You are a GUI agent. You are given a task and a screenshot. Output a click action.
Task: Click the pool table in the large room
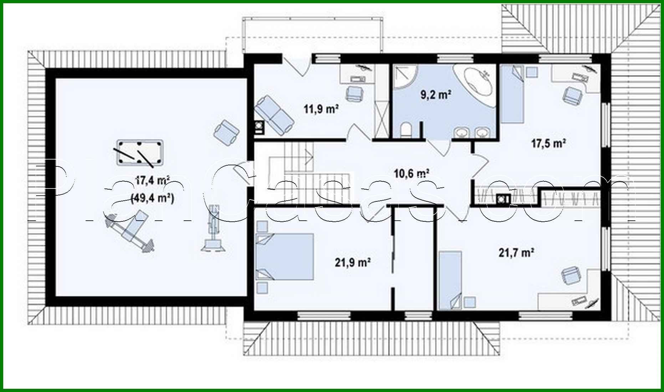click(139, 153)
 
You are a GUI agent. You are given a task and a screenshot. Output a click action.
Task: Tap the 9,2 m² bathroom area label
click(436, 95)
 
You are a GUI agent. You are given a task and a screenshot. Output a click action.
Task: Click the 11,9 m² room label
click(321, 109)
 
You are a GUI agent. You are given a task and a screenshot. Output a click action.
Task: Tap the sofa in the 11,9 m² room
click(274, 114)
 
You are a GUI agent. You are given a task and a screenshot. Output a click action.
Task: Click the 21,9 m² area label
click(352, 263)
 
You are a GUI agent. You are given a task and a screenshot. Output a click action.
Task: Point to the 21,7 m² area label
click(516, 253)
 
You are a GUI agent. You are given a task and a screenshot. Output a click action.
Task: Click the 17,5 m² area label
click(549, 144)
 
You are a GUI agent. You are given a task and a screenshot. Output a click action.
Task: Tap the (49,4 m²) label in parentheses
click(153, 198)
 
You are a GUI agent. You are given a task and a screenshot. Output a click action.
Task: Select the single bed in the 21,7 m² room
click(450, 280)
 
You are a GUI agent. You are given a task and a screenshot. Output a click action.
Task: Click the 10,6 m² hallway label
click(411, 174)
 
